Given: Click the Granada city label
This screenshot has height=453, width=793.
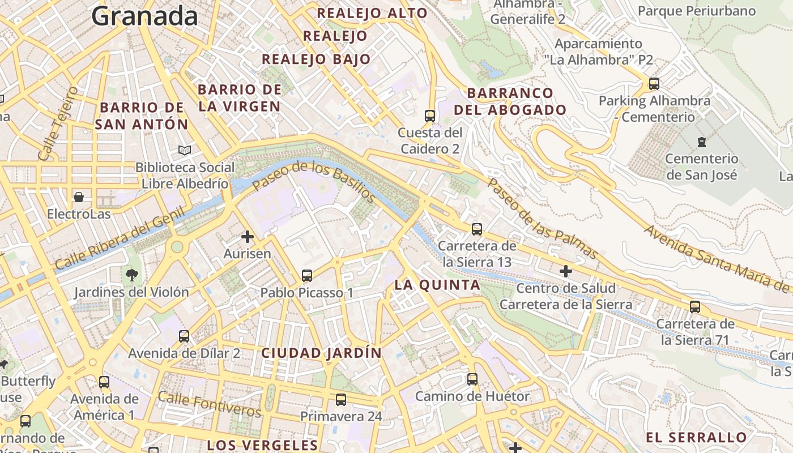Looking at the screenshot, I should (144, 16).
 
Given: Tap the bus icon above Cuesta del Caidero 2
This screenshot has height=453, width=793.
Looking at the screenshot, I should (430, 116).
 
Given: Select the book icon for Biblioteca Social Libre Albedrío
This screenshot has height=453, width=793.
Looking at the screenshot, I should (185, 150).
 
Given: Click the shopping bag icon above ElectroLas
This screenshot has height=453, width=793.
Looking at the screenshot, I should (79, 197).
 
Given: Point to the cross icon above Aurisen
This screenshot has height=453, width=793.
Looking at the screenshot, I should (247, 236).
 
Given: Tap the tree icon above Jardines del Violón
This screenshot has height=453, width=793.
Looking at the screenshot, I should (131, 275).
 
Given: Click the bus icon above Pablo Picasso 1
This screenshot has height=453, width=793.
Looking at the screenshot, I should (307, 276).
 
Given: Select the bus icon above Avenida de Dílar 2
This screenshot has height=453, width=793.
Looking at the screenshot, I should (184, 336).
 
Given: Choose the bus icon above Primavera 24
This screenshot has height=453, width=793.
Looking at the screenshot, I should (341, 399).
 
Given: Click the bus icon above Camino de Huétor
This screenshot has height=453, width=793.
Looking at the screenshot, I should (472, 379).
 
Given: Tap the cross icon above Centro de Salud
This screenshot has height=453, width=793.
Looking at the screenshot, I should (565, 271).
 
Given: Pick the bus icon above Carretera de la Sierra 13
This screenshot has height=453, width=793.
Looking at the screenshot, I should (477, 229).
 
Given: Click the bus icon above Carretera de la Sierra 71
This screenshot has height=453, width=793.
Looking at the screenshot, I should (695, 307).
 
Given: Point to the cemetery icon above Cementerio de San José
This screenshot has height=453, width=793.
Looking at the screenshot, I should (702, 141).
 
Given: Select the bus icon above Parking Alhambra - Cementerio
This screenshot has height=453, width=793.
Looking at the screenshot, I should (654, 84).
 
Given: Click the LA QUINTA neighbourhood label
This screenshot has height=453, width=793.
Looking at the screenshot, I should (437, 285).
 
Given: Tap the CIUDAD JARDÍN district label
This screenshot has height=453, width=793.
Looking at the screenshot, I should (321, 353).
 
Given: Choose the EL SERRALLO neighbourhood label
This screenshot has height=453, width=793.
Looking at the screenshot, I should (696, 437).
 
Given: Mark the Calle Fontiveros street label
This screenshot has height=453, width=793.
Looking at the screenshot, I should (210, 404).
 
